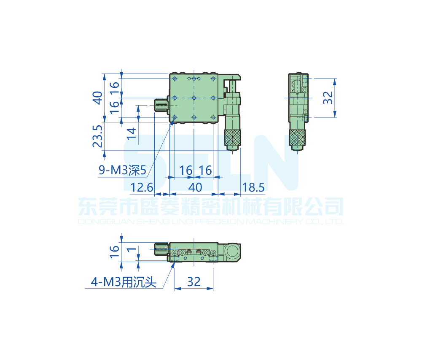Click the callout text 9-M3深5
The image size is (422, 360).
pos(122,171)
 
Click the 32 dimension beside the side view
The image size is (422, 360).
pos(329,97)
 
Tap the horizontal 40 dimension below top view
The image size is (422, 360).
pos(194,187)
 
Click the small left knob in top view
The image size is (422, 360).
pos(161,105)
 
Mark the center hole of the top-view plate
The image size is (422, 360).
pos(194,98)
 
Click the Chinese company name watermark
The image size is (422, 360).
pos(211,207)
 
